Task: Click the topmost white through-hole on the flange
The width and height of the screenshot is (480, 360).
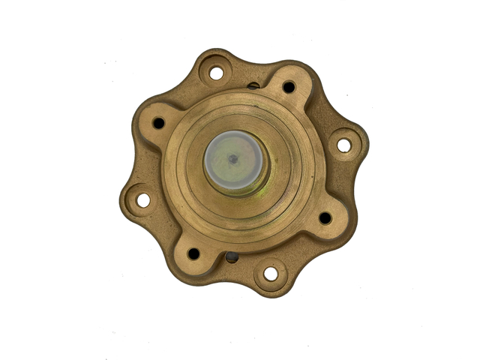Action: click(216, 73)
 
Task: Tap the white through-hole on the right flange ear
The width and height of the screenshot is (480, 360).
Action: click(343, 145)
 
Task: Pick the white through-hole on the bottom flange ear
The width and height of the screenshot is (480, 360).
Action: click(270, 274)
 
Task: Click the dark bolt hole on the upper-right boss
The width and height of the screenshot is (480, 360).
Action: click(289, 87)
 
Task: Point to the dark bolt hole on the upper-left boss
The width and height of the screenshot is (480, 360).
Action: click(158, 122)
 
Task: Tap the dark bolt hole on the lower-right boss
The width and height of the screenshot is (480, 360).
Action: click(325, 217)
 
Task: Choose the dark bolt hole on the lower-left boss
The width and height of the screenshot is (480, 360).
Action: click(193, 253)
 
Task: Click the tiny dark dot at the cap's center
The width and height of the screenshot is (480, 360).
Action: click(232, 158)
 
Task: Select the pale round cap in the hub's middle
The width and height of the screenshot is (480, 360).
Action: click(235, 162)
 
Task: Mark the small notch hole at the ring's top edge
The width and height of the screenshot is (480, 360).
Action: click(253, 85)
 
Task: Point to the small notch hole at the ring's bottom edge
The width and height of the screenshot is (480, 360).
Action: click(232, 257)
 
